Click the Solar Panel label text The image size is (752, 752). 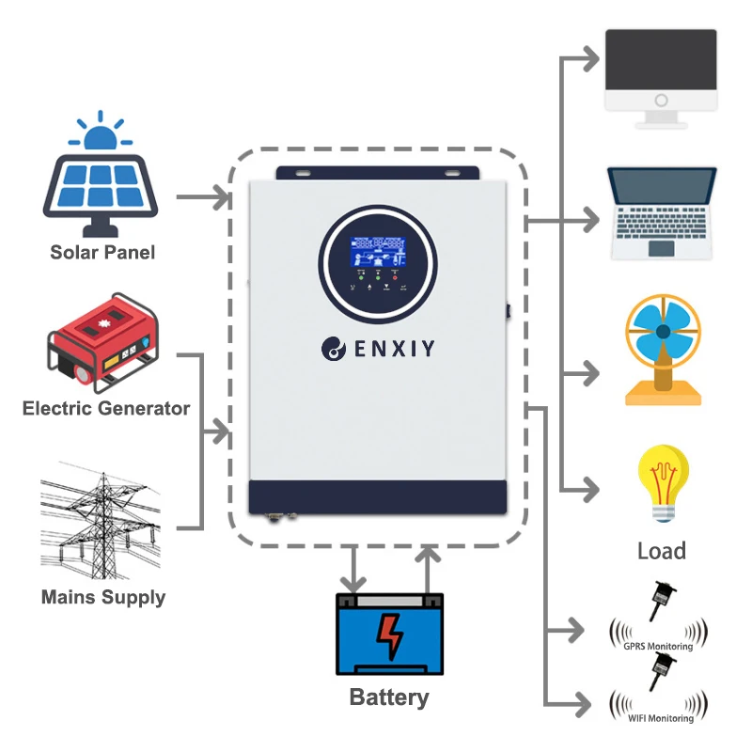coord(102,252)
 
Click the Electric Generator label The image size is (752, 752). coord(106,409)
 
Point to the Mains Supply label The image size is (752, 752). coord(103,597)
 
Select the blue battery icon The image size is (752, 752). coord(390,634)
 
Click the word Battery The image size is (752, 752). coord(389,697)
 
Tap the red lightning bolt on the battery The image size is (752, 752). coord(389,635)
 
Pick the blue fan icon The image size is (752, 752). coord(663,350)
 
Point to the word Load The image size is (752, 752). coord(662,551)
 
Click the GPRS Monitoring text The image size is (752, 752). coord(658,647)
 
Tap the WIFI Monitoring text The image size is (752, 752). coord(658,719)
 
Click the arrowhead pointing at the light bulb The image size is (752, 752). coord(591,489)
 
